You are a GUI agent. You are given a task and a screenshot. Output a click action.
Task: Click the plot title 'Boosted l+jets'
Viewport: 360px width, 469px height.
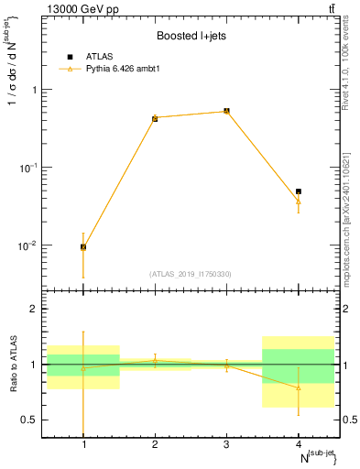[191, 36]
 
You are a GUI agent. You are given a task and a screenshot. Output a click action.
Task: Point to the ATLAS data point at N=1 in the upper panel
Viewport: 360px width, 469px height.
[83, 246]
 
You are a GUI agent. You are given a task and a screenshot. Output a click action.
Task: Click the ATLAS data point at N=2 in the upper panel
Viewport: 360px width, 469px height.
[155, 118]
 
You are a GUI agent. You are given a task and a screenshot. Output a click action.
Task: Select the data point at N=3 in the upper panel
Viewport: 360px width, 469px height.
[226, 111]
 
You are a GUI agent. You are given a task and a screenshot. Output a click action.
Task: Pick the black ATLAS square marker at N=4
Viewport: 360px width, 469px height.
[298, 191]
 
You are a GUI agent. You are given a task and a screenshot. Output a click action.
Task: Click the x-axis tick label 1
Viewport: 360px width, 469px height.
[83, 444]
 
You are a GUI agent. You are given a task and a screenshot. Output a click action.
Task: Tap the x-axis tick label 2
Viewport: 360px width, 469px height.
[155, 444]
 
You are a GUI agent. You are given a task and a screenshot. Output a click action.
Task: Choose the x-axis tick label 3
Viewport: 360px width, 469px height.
[226, 444]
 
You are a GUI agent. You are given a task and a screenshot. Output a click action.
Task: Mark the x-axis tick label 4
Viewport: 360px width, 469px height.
[298, 444]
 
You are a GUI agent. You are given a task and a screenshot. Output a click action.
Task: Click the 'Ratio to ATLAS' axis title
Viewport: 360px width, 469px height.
[12, 365]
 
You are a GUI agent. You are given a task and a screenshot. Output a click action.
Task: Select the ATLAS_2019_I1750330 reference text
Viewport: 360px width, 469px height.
[191, 274]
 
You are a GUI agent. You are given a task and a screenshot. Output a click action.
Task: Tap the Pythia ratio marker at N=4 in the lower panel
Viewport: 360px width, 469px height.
[298, 387]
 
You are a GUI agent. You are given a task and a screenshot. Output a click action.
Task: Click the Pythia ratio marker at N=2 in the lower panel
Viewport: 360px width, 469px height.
[155, 360]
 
